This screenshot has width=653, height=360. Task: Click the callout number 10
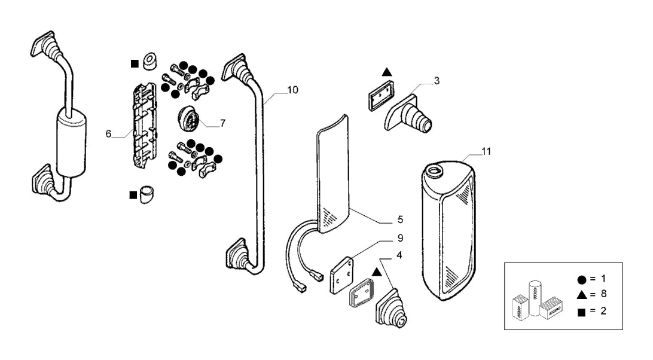293,90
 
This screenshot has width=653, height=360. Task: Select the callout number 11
486,151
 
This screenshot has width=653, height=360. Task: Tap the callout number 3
437,80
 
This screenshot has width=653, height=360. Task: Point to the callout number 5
400,219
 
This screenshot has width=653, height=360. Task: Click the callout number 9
400,238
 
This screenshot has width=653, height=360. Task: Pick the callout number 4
399,255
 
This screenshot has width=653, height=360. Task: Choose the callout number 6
108,134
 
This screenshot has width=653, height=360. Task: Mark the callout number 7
223,123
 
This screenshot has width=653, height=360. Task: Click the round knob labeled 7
189,119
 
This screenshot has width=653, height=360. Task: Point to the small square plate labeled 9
341,274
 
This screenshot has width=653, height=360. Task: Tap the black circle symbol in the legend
582,280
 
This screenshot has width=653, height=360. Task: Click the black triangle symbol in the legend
582,295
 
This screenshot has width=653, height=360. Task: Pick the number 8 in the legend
603,294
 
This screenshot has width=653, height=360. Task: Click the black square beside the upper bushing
135,64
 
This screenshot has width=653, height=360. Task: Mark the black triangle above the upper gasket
387,72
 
